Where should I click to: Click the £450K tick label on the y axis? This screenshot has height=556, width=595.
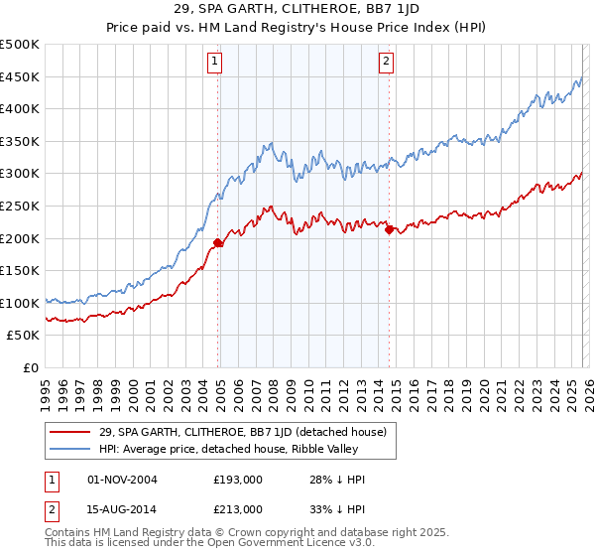tap(20, 76)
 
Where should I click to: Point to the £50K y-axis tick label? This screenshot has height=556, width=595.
tap(23, 336)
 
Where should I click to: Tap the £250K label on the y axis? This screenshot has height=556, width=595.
tap(20, 206)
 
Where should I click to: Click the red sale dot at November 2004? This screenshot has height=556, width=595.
tap(217, 241)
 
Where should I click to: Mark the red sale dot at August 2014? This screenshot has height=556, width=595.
tap(389, 229)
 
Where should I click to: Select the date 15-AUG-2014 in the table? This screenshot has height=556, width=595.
tap(122, 508)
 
